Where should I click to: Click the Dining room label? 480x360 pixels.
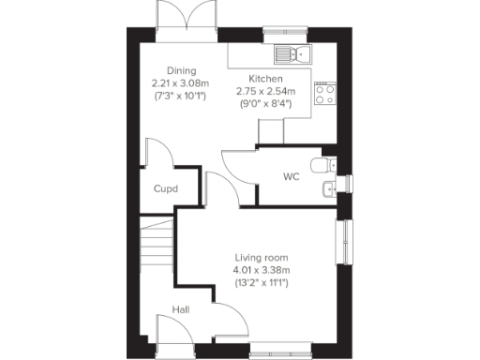[181, 70]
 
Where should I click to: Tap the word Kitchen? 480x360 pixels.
[266, 79]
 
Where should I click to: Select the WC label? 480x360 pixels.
[291, 175]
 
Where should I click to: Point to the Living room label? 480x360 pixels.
[261, 258]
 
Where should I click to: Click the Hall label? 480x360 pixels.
[180, 309]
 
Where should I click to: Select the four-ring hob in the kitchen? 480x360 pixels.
[325, 92]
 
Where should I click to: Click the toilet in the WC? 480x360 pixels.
[323, 165]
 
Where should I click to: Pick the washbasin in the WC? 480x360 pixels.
[327, 191]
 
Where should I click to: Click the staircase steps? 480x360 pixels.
[156, 246]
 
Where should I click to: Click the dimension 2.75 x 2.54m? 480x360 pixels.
[271, 91]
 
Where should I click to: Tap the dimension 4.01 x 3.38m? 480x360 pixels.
[261, 270]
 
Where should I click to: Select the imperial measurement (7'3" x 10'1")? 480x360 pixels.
[181, 95]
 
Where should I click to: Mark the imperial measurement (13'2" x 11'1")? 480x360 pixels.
[261, 282]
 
